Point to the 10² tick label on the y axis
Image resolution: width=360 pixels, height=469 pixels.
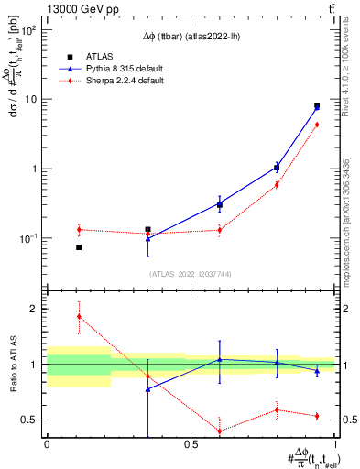coord(29,30)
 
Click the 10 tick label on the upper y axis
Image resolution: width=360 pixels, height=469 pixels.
coord(32,99)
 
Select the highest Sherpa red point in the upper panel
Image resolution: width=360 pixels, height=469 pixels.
coord(317,125)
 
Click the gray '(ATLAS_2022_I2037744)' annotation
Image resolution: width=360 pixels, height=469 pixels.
coord(191,273)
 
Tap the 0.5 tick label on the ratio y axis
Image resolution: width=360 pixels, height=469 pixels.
coord(30,420)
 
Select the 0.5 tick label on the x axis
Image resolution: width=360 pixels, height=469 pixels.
coord(191,444)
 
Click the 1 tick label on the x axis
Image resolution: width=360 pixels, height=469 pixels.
coord(335,444)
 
